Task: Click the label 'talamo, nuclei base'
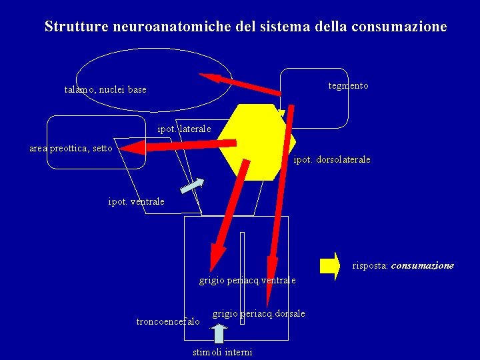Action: [x=105, y=89]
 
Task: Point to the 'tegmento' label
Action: [x=348, y=86]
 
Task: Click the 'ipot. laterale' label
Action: [x=184, y=128]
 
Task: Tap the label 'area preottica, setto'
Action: [x=71, y=148]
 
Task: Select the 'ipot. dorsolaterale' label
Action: [x=332, y=160]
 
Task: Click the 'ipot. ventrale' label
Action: [x=136, y=201]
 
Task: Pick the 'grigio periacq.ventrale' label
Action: [x=247, y=281]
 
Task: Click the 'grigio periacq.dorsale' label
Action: [x=259, y=313]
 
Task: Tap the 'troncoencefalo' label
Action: [x=167, y=321]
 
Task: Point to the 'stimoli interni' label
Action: [x=222, y=351]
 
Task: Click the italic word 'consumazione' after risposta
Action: [x=422, y=265]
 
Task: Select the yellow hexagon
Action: [x=257, y=142]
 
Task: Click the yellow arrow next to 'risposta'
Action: [x=329, y=265]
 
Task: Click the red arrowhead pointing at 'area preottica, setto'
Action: [x=133, y=146]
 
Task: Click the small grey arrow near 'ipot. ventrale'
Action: [x=193, y=185]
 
